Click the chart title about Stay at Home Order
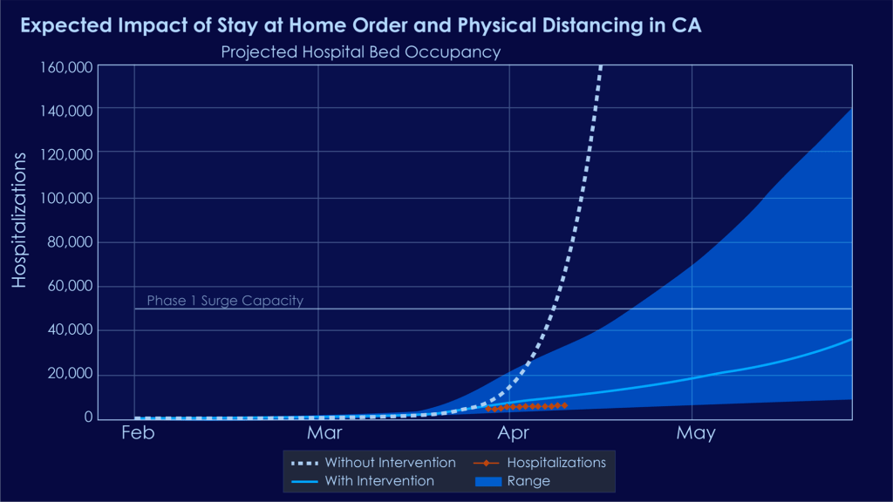pyautogui.click(x=359, y=25)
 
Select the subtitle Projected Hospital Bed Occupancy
pyautogui.click(x=360, y=52)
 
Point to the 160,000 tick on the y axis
pyautogui.click(x=68, y=67)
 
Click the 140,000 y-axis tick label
pyautogui.click(x=68, y=111)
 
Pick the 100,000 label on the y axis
pyautogui.click(x=68, y=199)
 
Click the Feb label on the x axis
pyautogui.click(x=137, y=433)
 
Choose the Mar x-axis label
pyautogui.click(x=324, y=433)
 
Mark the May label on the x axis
pyautogui.click(x=695, y=433)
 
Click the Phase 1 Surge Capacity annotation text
pyautogui.click(x=224, y=301)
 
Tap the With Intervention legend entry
pyautogui.click(x=378, y=480)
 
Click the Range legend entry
pyautogui.click(x=528, y=480)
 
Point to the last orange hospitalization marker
pyautogui.click(x=565, y=405)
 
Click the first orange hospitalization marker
pyautogui.click(x=488, y=409)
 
